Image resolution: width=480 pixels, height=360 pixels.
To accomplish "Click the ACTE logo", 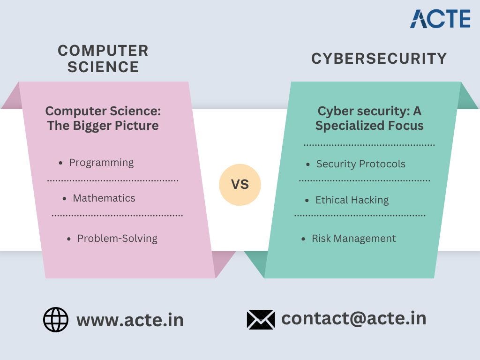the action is pyautogui.click(x=440, y=19).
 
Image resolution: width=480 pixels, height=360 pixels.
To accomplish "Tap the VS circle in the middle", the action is pyautogui.click(x=240, y=185).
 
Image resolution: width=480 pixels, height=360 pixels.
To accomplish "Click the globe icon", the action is pyautogui.click(x=56, y=320).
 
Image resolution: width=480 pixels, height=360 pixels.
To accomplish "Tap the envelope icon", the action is pyautogui.click(x=261, y=320).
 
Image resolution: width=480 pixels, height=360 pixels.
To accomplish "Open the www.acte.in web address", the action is pyautogui.click(x=130, y=320).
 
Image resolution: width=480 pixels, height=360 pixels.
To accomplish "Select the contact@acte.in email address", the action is pyautogui.click(x=353, y=318).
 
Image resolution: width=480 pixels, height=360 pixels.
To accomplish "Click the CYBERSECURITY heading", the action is pyautogui.click(x=379, y=59).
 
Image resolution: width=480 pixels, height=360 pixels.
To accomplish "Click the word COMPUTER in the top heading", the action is pyautogui.click(x=103, y=51).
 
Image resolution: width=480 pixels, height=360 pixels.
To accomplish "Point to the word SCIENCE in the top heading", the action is pyautogui.click(x=103, y=67).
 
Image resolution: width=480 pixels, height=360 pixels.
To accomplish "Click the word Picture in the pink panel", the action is pyautogui.click(x=136, y=126).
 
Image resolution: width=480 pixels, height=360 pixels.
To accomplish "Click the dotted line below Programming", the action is pyautogui.click(x=112, y=180).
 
